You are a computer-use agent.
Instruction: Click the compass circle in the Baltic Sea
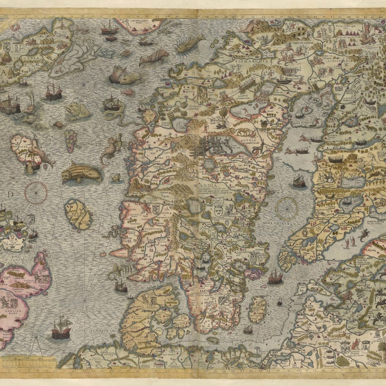click(x=286, y=208)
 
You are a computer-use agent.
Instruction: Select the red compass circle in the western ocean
click(x=36, y=191)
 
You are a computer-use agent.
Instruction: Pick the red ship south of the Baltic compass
click(x=275, y=277)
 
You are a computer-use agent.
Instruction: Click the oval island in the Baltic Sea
click(x=257, y=309)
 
